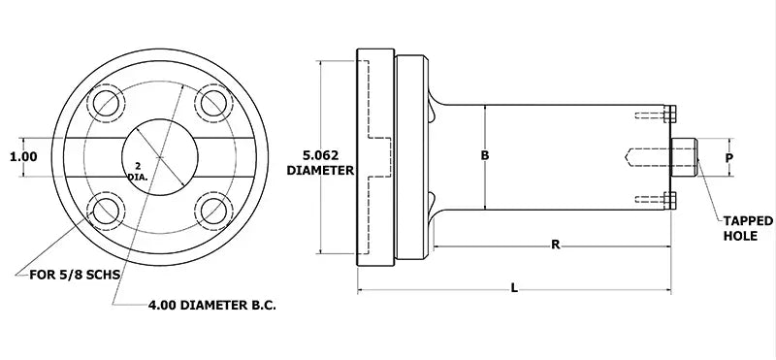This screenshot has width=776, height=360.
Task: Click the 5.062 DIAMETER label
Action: (320, 162)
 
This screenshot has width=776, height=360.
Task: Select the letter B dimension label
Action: (485, 155)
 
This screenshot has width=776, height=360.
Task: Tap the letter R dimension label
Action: (555, 245)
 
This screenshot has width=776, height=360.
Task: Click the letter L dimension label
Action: (514, 286)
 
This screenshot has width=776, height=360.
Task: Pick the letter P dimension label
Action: (729, 156)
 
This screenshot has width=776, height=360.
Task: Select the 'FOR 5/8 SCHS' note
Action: (69, 274)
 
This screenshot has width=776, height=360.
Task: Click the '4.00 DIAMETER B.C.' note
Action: (212, 305)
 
